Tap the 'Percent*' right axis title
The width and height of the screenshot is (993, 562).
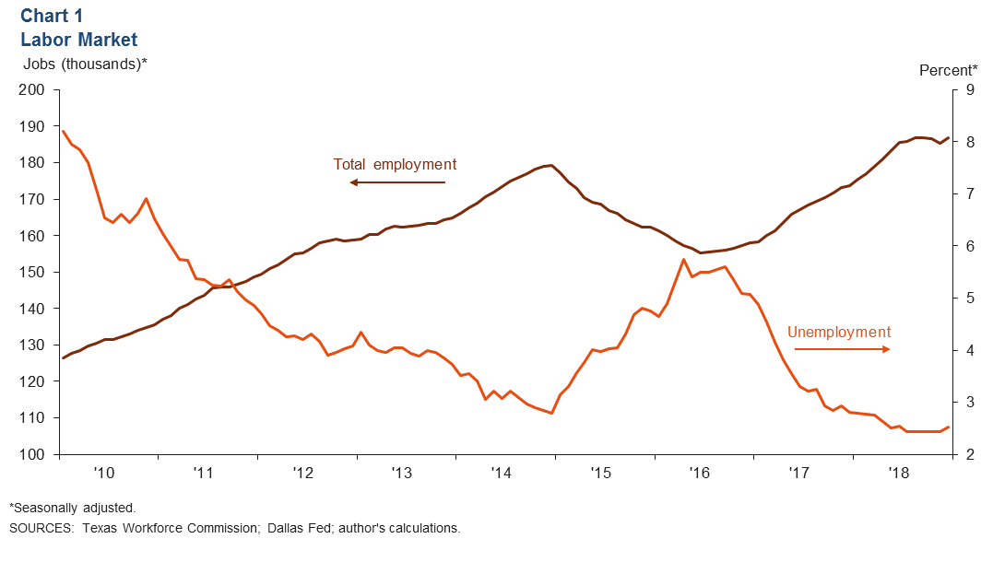point(948,70)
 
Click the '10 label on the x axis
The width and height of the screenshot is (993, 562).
point(103,473)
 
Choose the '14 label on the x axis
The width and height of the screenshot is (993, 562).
point(501,473)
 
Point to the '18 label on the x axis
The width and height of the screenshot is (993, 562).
point(897,473)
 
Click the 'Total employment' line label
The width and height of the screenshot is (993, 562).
point(395,165)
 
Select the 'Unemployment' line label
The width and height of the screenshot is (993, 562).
point(839,333)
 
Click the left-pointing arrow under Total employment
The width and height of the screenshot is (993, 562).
point(396,182)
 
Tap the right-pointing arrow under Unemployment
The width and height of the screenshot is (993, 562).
point(842,349)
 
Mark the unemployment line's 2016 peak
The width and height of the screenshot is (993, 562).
point(683,260)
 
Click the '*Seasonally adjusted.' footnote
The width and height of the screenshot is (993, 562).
point(73,508)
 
